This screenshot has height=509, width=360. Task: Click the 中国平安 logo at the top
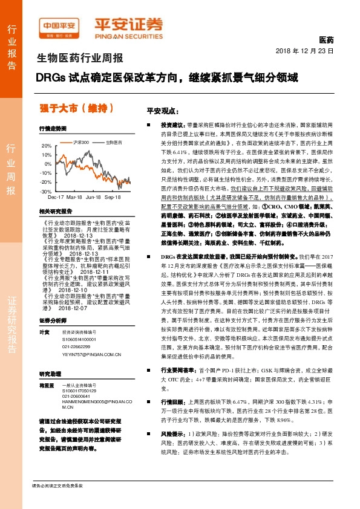click(x=60, y=25)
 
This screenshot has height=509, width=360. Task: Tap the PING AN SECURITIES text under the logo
click(x=129, y=35)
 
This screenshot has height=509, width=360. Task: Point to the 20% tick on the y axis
click(x=47, y=146)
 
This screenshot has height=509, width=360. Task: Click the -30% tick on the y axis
click(x=46, y=191)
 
